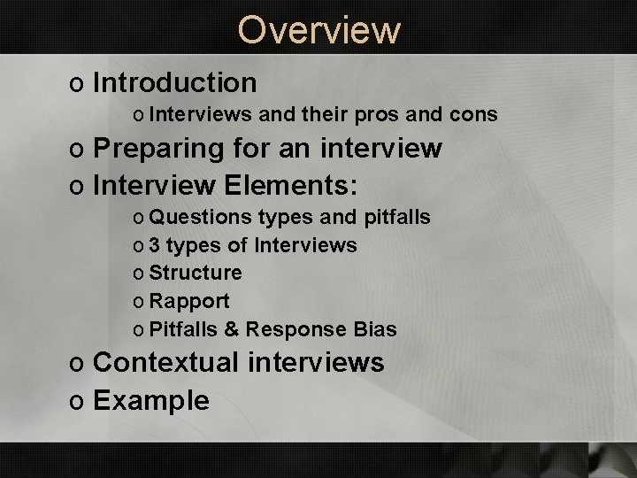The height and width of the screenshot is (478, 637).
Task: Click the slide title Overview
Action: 318,29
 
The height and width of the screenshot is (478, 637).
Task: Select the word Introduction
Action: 174,82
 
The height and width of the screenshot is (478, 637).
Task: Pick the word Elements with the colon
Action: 291,186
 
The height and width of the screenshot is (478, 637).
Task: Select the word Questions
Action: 201,217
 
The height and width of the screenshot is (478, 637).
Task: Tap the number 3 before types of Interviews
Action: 156,245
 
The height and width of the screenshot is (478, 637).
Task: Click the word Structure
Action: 196,273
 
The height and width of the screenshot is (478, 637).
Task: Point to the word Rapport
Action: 189,301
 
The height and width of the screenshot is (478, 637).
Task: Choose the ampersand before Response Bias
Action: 231,329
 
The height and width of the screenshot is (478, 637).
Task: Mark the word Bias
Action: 374,329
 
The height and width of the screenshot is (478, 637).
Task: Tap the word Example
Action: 150,400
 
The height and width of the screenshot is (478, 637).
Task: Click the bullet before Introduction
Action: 76,84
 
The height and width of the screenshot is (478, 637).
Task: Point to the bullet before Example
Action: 76,402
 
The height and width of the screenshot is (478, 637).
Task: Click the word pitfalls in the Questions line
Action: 397,217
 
